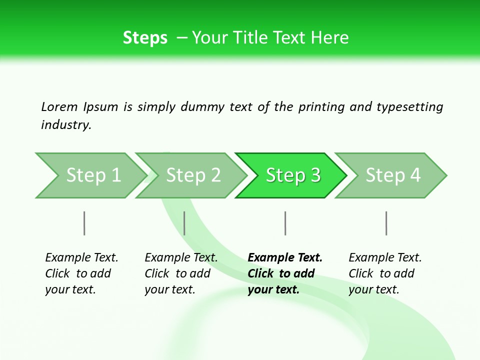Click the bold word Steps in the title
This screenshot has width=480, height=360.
pos(145,38)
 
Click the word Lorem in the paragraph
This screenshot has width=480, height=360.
pos(59,106)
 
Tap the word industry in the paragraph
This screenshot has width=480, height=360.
pos(66,125)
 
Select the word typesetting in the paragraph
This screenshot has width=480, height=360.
pos(409,107)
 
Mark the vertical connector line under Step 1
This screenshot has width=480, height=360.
pos(84,223)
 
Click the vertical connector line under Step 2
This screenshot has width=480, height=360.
pos(184,223)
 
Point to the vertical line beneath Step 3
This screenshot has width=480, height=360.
pos(285,223)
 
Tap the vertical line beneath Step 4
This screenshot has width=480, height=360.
pos(386,223)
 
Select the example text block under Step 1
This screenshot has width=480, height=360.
pos(81,273)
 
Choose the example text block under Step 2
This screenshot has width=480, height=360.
pos(181,273)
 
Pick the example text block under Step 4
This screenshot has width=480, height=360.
pos(385,273)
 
